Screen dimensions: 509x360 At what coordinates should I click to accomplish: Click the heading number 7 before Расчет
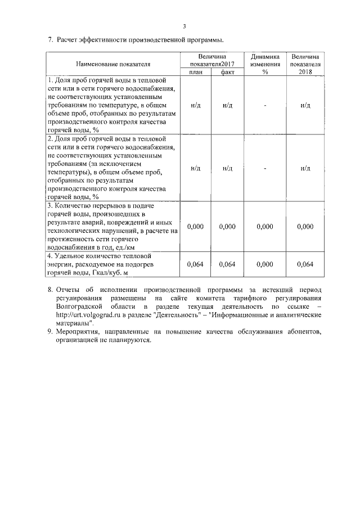[x=49, y=39]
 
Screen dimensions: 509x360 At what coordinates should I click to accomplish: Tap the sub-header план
[x=196, y=72]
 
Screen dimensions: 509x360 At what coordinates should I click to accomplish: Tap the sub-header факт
[x=228, y=72]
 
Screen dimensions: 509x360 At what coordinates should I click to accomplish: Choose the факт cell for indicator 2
[x=228, y=167]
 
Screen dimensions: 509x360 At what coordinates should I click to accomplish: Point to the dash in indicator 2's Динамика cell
[x=264, y=168]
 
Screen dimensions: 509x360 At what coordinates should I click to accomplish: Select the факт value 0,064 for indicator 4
[x=228, y=264]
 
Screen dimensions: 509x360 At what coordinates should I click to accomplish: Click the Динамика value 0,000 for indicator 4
[x=264, y=264]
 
